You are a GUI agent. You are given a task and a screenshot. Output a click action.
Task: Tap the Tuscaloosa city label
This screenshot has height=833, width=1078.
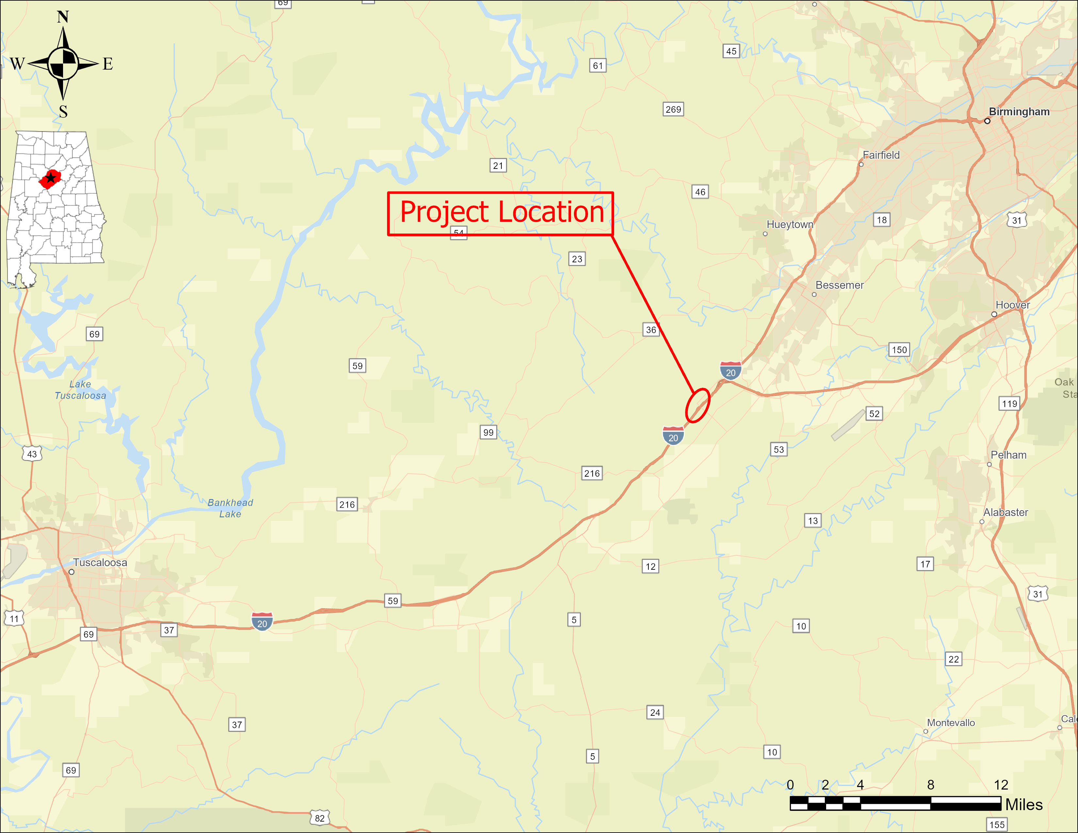[x=100, y=563]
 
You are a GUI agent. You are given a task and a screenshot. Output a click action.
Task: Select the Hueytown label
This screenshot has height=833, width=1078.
[x=790, y=224]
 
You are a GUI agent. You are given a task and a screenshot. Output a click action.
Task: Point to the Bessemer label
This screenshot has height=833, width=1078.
[x=840, y=285]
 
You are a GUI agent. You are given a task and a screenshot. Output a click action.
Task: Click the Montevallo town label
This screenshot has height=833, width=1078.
[x=951, y=723]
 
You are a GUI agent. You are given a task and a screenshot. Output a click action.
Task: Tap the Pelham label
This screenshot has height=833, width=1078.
[x=1008, y=455]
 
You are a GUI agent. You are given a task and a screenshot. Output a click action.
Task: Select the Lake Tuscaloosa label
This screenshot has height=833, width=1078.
[x=80, y=390]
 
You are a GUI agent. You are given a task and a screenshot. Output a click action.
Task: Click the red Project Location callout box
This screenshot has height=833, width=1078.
[x=500, y=213]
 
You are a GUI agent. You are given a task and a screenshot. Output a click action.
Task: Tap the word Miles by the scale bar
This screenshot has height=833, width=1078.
[x=1024, y=805]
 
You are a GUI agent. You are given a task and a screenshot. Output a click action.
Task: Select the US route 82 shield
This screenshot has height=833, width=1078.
[x=320, y=818]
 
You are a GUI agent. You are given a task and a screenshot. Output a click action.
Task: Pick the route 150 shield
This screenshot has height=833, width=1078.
[x=899, y=350]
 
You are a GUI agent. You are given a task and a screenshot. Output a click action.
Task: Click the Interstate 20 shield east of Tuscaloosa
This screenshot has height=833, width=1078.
[x=262, y=622]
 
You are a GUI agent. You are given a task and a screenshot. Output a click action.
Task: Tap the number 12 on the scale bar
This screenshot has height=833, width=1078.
[x=1001, y=785]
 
